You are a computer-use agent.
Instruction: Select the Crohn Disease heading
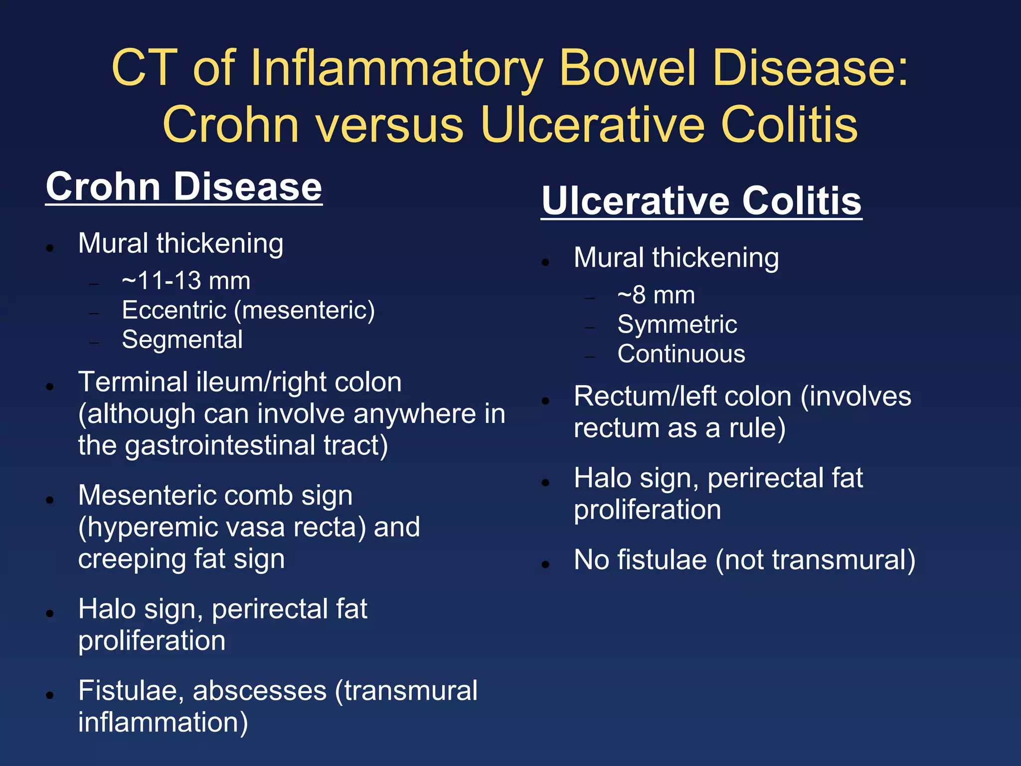click(184, 187)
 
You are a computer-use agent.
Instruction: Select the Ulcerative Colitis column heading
click(701, 201)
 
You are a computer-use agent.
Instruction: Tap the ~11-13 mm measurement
click(186, 281)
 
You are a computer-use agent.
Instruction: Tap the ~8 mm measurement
click(656, 295)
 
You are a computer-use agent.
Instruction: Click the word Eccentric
click(174, 310)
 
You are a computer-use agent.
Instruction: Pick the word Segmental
click(182, 340)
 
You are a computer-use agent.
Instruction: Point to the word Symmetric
click(677, 325)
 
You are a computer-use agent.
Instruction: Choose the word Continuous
click(681, 354)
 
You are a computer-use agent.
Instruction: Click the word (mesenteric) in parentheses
click(304, 310)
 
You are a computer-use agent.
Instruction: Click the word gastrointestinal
click(220, 445)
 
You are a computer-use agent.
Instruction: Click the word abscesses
click(260, 691)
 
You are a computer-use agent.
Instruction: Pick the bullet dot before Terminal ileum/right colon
click(49, 386)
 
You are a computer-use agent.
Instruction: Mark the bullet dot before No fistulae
click(545, 565)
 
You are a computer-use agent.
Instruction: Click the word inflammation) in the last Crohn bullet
click(163, 723)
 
